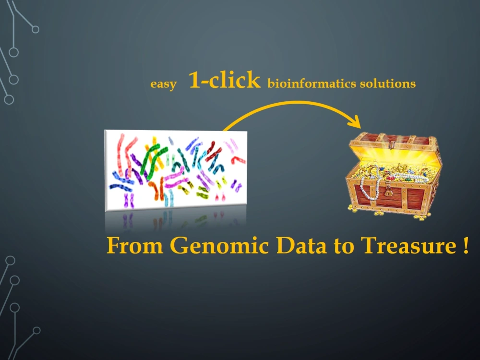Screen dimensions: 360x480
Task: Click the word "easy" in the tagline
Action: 163,84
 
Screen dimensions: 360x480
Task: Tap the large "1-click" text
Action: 224,80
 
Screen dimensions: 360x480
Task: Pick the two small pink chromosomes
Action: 219,197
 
